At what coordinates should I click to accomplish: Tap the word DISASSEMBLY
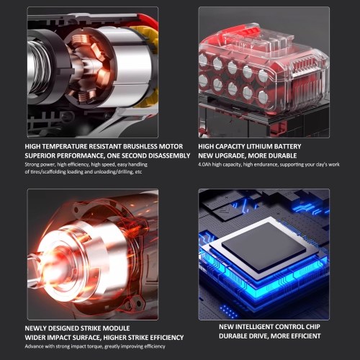point(169,156)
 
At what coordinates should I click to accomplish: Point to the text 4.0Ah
point(204,165)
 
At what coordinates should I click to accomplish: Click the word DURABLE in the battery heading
point(282,156)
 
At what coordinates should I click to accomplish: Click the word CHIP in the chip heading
point(313,327)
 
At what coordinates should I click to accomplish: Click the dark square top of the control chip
point(264,247)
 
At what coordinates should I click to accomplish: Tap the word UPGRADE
point(230,156)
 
